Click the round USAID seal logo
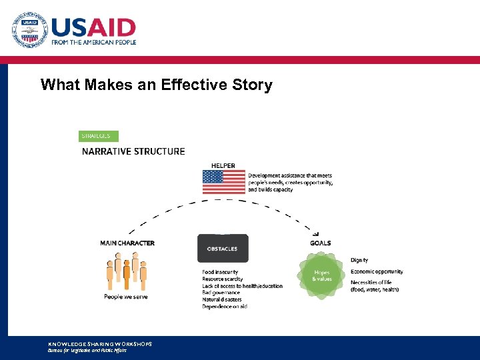pos(29,31)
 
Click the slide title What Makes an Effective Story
pos(156,85)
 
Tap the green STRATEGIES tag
pos(98,136)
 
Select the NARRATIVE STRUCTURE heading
pos(133,151)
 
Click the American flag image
pos(224,182)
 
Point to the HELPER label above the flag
pos(223,165)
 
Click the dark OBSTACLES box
pos(223,249)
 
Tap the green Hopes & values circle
pos(322,275)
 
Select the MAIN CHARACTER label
pos(127,243)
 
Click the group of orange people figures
pos(126,273)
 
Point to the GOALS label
pos(320,243)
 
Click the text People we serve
pos(126,297)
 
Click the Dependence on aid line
pos(225,306)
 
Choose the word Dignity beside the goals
pos(359,260)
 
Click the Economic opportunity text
pos(377,271)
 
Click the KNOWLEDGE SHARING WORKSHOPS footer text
pos(100,344)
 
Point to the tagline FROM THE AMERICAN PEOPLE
pos(94,42)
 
